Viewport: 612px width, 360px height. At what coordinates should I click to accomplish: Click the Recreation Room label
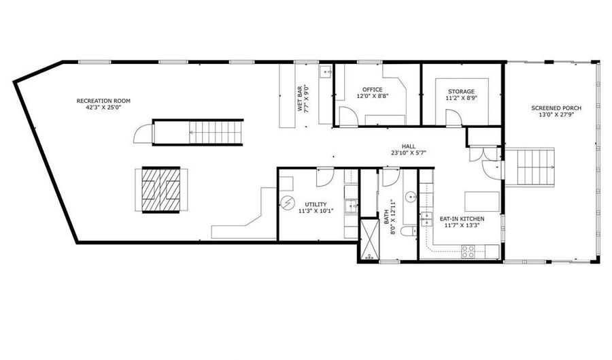click(x=103, y=101)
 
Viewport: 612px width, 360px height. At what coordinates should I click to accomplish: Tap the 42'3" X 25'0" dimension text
click(x=104, y=108)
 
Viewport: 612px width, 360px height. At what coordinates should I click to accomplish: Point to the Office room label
click(x=373, y=89)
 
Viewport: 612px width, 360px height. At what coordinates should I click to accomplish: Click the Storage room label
click(x=461, y=91)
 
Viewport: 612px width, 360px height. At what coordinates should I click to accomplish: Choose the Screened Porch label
click(x=556, y=108)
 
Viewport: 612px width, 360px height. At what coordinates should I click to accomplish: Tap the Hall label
click(x=409, y=146)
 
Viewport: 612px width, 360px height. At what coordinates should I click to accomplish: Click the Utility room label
click(x=316, y=204)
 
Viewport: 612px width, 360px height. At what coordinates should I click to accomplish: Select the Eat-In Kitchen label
click(x=462, y=218)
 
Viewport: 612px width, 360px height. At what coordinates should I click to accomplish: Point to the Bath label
click(x=386, y=216)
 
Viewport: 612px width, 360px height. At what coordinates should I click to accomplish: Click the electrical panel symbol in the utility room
click(x=288, y=203)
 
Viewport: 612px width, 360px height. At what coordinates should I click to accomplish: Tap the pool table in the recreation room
click(x=161, y=190)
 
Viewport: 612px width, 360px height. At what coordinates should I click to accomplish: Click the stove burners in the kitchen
click(x=468, y=251)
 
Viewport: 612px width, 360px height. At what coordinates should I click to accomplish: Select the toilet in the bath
click(x=409, y=232)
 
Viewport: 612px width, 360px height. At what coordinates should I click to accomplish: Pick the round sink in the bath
click(x=410, y=197)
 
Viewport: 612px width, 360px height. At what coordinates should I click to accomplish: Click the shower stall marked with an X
click(x=369, y=240)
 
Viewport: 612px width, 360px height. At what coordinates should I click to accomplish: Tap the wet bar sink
click(x=326, y=72)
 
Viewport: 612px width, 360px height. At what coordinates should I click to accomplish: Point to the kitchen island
click(x=482, y=201)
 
